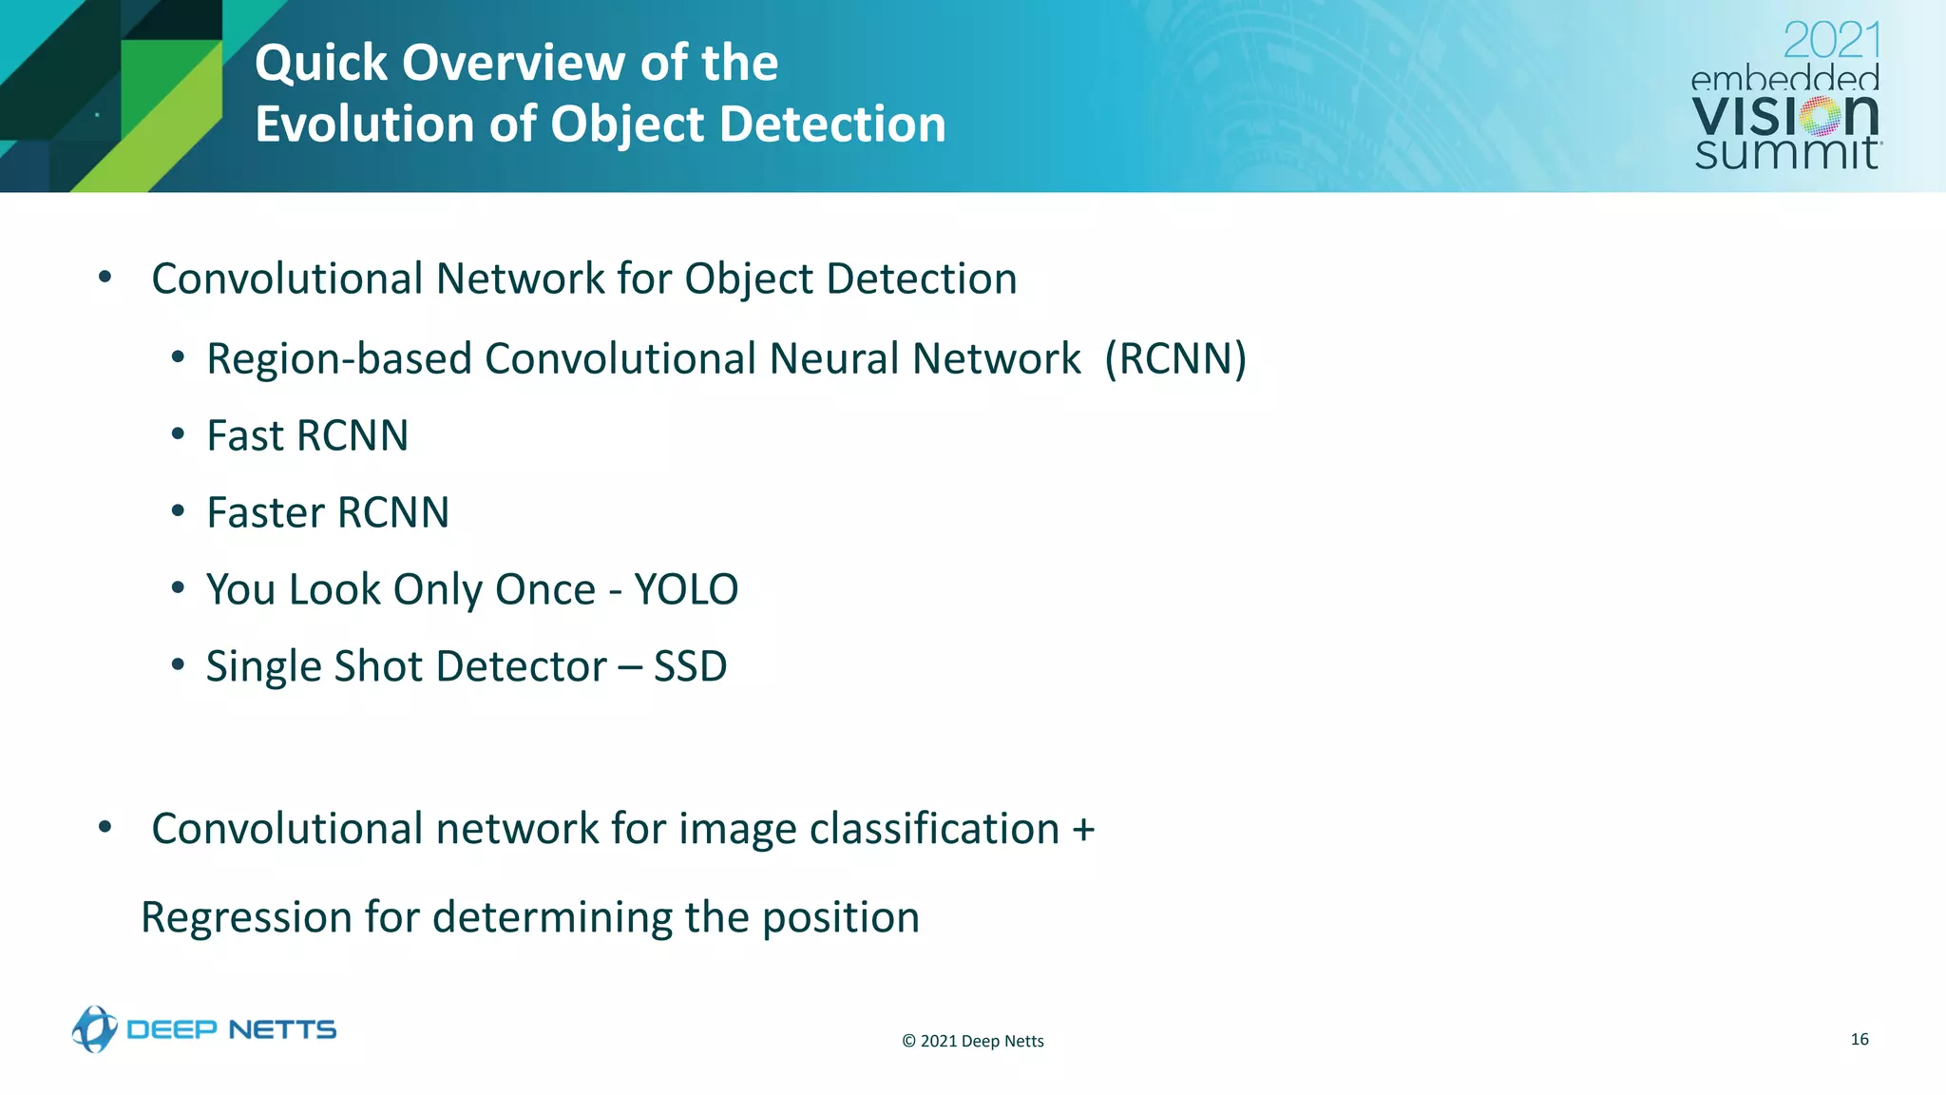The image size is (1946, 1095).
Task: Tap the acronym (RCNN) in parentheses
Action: [x=1175, y=359]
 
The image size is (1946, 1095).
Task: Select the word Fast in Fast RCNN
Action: [x=245, y=436]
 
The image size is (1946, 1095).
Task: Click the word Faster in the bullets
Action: [x=265, y=513]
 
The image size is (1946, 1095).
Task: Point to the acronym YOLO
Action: [x=686, y=589]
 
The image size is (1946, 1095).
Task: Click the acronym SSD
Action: [x=690, y=666]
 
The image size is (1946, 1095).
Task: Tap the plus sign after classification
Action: [x=1083, y=829]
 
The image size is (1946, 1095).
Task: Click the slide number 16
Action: [x=1860, y=1039]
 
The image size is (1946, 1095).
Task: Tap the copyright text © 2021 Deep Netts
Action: [x=972, y=1041]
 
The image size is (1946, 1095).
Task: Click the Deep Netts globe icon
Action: [x=94, y=1028]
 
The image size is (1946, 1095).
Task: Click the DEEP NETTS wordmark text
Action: [x=231, y=1029]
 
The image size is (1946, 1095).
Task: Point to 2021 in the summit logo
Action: [x=1831, y=41]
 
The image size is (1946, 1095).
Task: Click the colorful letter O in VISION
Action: [x=1822, y=117]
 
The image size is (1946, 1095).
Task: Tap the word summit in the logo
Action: [x=1785, y=153]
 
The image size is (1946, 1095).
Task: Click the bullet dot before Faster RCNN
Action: [x=178, y=511]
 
